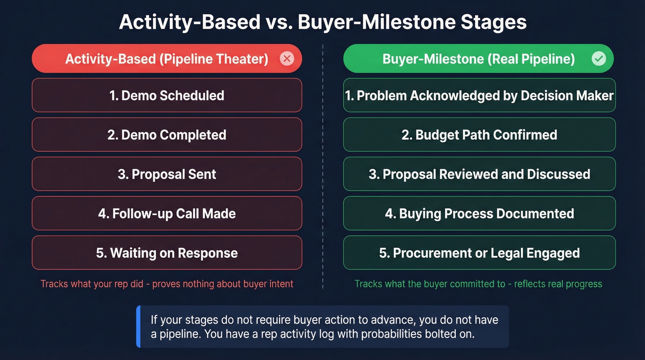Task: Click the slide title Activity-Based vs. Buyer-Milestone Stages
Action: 322,23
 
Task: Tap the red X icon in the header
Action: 287,59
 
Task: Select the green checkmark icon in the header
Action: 598,59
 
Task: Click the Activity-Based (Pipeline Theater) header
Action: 166,59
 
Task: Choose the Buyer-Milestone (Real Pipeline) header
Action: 478,59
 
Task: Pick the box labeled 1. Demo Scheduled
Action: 166,95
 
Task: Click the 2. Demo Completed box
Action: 166,135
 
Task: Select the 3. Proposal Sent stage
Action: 166,174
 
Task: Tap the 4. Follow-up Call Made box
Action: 166,213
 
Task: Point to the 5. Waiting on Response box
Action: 166,253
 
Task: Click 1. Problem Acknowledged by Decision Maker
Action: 479,95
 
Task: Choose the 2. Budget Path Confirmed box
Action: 479,135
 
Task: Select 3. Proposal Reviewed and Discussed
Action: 479,174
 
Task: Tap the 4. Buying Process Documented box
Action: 479,213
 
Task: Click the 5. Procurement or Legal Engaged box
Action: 479,253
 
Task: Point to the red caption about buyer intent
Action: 167,283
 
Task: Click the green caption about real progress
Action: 478,283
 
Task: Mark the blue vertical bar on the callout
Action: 138,326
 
